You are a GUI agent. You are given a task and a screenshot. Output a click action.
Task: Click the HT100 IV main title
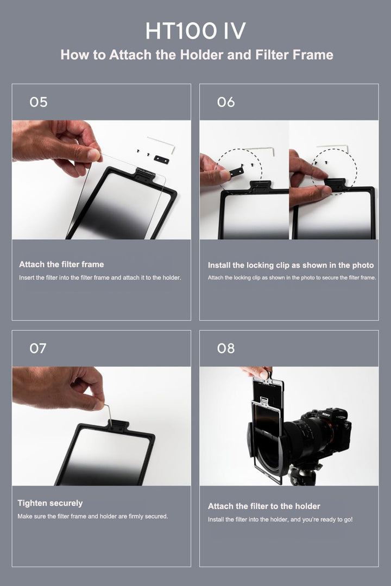195,30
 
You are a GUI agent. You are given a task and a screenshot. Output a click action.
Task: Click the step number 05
39,102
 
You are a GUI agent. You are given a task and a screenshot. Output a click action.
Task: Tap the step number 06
226,102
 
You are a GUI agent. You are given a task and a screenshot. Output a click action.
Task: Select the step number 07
38,348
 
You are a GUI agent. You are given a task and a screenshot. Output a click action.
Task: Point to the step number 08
226,348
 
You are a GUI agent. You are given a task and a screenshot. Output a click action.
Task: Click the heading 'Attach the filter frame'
61,264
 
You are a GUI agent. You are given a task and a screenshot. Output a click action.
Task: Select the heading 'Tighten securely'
50,503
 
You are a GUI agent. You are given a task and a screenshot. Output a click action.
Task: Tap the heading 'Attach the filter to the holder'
264,506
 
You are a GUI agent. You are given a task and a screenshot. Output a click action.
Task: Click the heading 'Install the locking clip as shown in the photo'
291,265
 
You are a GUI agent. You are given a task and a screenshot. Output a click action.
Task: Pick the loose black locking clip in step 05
161,160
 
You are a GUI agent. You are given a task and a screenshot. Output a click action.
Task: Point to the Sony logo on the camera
326,414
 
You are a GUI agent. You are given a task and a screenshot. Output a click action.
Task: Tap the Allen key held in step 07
108,415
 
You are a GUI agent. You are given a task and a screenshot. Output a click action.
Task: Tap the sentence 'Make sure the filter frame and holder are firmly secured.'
93,516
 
